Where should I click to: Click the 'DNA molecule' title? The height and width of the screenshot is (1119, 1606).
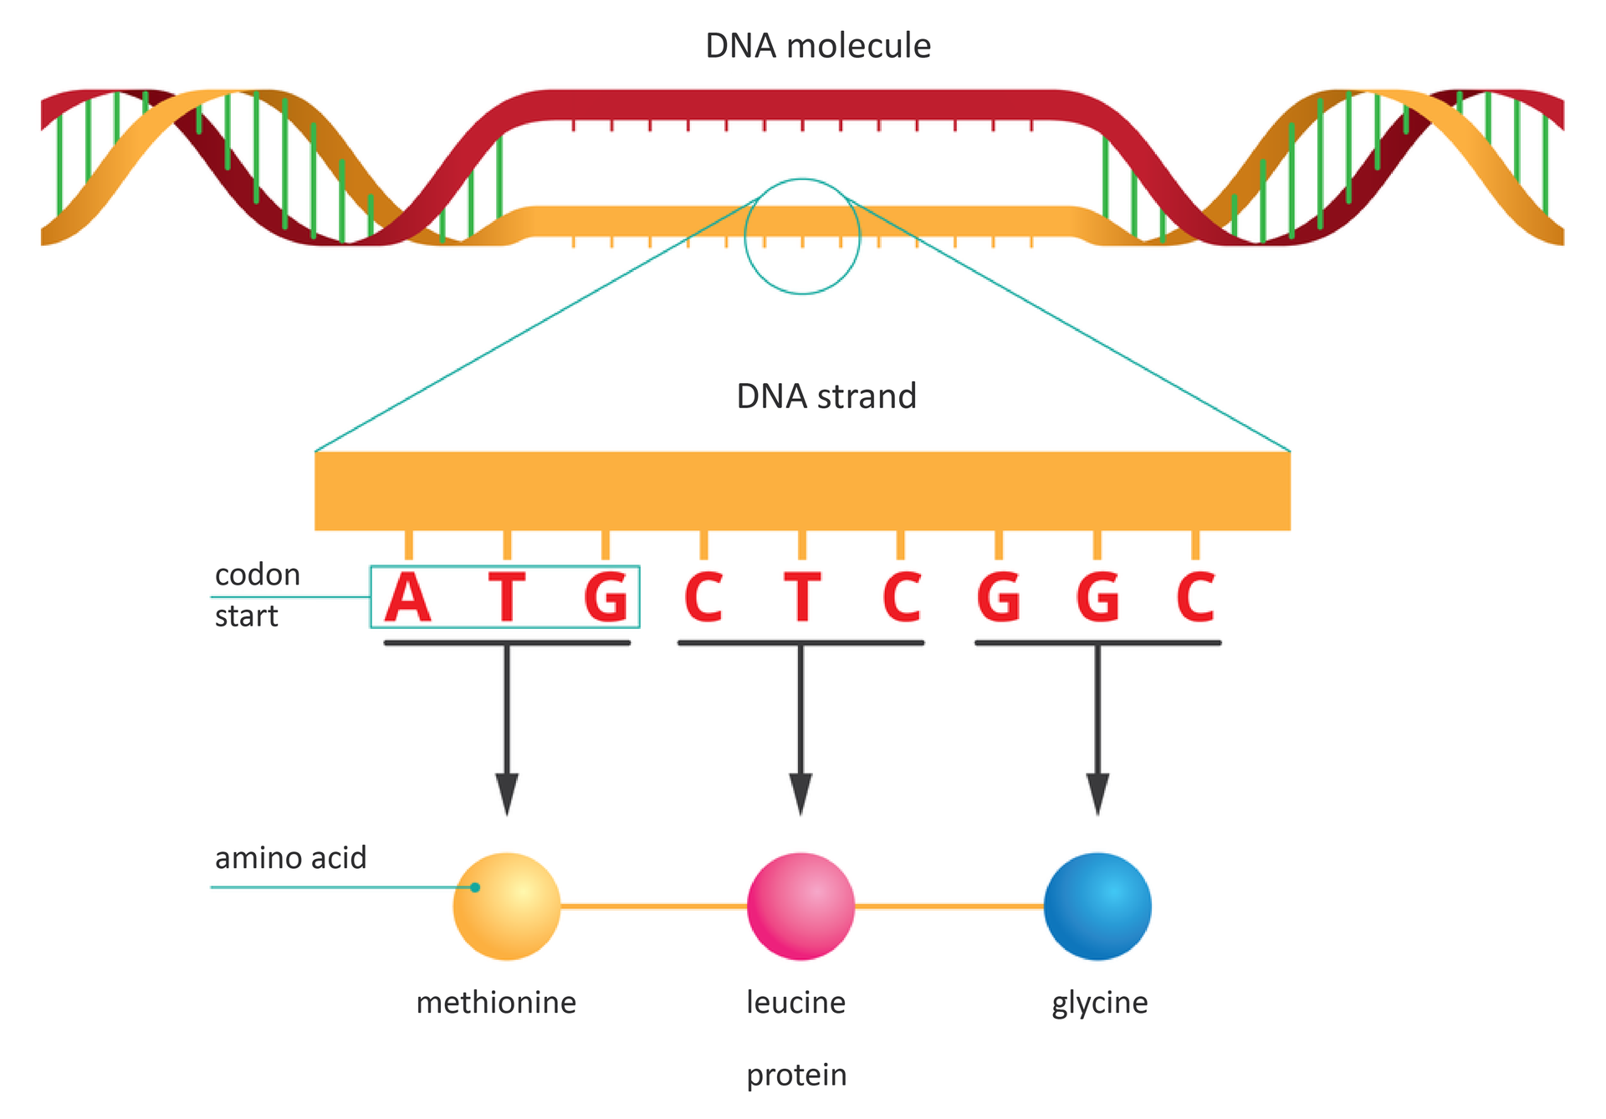(817, 46)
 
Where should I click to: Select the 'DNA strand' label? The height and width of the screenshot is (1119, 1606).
(826, 396)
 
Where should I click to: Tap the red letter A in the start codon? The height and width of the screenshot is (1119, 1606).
(408, 598)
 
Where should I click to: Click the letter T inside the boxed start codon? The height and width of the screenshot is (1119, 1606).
(507, 598)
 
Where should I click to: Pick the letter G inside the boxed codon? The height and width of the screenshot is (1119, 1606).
(606, 598)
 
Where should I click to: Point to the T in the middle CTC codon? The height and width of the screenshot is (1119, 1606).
(801, 598)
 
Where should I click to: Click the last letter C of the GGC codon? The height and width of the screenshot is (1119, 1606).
(1195, 598)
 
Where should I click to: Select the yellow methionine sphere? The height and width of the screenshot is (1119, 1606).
(507, 907)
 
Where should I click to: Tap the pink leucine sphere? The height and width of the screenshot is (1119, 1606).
(800, 907)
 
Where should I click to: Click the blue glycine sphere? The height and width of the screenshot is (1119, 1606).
(1097, 907)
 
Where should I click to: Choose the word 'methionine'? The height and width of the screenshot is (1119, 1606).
(496, 1002)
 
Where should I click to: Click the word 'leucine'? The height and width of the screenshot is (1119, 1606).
(795, 1002)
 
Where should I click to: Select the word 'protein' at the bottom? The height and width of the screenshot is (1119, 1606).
(796, 1076)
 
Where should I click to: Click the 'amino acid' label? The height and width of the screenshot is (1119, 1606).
(290, 858)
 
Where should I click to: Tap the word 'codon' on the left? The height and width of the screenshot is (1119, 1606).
(257, 575)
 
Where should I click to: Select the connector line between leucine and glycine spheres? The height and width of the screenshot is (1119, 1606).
(949, 906)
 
